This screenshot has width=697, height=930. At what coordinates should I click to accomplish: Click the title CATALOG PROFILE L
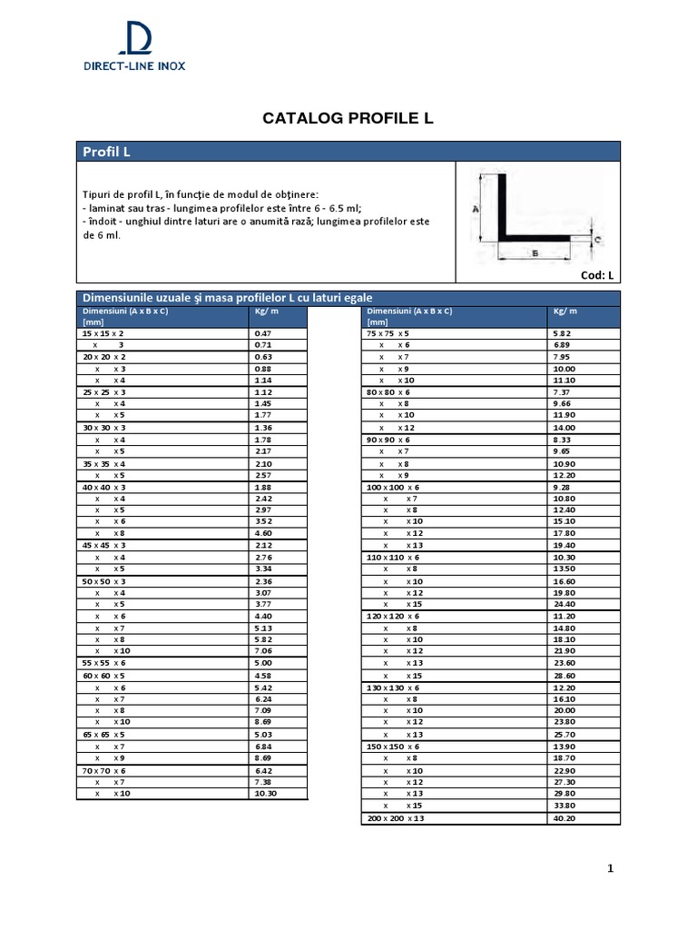click(x=348, y=118)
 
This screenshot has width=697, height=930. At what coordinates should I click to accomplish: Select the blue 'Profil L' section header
click(x=106, y=152)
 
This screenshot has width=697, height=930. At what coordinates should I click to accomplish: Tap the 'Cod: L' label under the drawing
click(x=597, y=275)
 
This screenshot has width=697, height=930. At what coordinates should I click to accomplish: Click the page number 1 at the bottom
click(x=611, y=869)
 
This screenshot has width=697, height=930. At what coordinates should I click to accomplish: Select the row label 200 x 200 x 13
click(x=395, y=818)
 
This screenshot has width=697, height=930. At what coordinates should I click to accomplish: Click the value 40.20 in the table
click(x=564, y=818)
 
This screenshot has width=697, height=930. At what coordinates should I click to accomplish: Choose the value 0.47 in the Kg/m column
click(x=263, y=333)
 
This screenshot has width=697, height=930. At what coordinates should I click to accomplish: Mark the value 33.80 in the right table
click(x=564, y=805)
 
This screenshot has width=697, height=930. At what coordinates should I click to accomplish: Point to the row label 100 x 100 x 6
click(x=393, y=487)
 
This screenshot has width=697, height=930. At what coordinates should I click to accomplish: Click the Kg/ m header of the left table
click(x=265, y=311)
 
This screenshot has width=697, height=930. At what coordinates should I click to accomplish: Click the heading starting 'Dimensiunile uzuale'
click(x=227, y=298)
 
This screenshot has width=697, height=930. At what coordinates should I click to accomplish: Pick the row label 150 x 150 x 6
click(x=393, y=746)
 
